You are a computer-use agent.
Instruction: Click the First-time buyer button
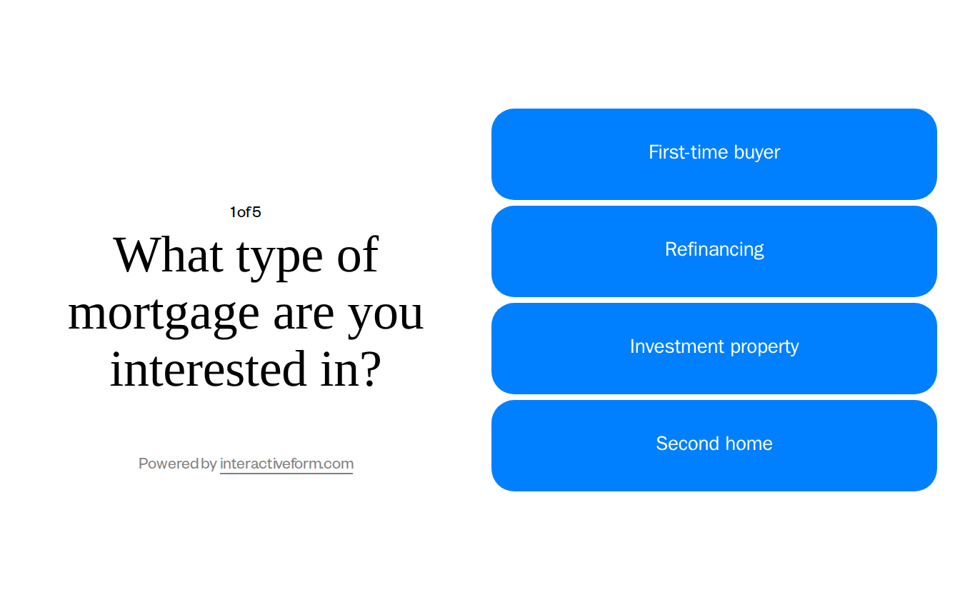tap(714, 154)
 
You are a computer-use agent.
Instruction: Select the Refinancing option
tap(714, 250)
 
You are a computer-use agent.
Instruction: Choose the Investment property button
tap(714, 347)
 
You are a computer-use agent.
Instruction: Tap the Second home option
tap(714, 444)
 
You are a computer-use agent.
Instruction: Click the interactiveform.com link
tap(286, 464)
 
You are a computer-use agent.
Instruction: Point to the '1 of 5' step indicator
tap(245, 212)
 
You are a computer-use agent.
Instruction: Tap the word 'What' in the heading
tap(168, 255)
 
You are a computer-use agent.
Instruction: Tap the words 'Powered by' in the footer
tap(177, 464)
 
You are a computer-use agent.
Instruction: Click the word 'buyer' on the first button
tap(756, 152)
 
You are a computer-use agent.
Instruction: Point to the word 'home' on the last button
tap(744, 444)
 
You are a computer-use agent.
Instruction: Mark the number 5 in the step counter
tap(256, 212)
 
